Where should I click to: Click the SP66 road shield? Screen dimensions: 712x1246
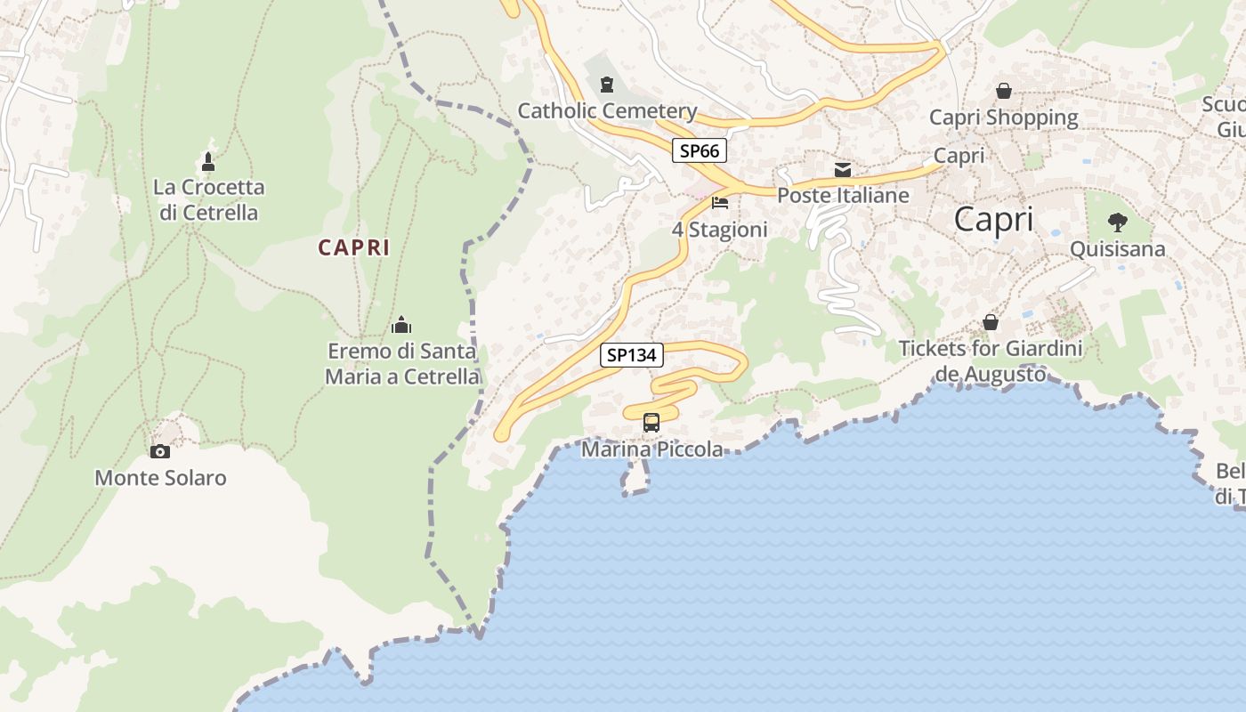699,151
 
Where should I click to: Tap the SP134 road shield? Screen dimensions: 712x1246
632,355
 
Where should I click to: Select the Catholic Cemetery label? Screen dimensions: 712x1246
607,111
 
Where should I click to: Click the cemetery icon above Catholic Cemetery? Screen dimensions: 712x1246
607,85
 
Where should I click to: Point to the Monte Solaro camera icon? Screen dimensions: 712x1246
160,451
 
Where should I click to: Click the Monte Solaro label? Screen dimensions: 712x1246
160,478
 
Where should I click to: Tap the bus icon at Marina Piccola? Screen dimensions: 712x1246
651,423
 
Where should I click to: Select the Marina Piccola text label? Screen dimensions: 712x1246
652,449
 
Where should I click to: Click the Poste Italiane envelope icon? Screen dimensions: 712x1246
843,169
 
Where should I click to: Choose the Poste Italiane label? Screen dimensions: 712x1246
843,195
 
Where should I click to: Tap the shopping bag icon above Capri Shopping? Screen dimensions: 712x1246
1004,91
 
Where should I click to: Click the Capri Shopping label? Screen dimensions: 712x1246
1004,117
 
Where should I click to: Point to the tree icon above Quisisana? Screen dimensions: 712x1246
1117,222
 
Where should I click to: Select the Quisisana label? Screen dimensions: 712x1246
1117,249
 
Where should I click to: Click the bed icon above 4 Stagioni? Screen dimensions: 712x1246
720,203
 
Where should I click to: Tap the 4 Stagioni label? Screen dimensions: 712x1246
719,230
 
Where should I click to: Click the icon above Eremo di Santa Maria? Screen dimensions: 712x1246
402,325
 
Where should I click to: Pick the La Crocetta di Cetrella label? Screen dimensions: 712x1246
209,199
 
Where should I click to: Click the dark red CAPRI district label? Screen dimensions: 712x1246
354,248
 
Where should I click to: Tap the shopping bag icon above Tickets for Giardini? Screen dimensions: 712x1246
991,322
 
